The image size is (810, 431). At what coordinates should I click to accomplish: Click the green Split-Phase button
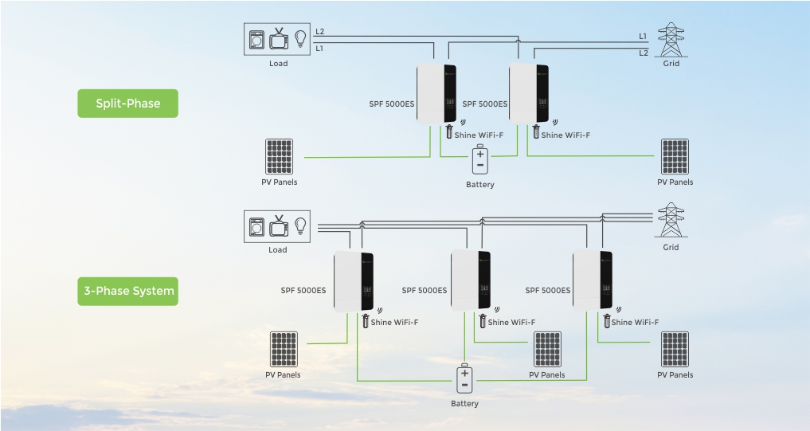tap(127, 104)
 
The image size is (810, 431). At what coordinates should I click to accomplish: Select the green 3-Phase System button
tap(127, 291)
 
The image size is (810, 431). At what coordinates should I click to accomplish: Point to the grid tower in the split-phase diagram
tap(671, 40)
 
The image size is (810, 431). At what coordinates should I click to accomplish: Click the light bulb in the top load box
tap(300, 38)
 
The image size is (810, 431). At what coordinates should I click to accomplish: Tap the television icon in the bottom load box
tap(278, 226)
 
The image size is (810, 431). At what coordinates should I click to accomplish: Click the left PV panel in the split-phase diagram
tap(279, 157)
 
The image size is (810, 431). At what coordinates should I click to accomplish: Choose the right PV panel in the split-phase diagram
tap(675, 157)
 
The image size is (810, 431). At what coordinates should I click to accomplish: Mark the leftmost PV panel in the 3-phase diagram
tap(284, 349)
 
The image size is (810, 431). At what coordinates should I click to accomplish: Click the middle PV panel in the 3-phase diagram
tap(547, 349)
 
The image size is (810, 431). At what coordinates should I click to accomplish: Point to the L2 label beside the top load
tap(319, 32)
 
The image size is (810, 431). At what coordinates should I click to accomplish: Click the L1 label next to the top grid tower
tap(643, 37)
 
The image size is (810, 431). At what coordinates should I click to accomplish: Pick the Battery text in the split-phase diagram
tap(479, 185)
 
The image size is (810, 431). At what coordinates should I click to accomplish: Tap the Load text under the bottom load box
tap(277, 250)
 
